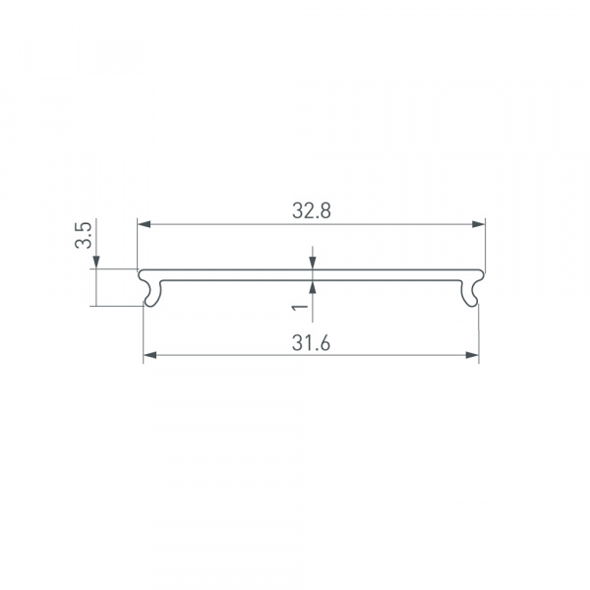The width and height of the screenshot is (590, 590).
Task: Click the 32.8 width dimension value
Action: pos(311,210)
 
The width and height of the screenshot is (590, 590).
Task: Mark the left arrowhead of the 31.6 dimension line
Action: pos(150,355)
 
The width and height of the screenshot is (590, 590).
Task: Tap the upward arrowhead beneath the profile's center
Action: pos(313,287)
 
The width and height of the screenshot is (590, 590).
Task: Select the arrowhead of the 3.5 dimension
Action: pos(96,263)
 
